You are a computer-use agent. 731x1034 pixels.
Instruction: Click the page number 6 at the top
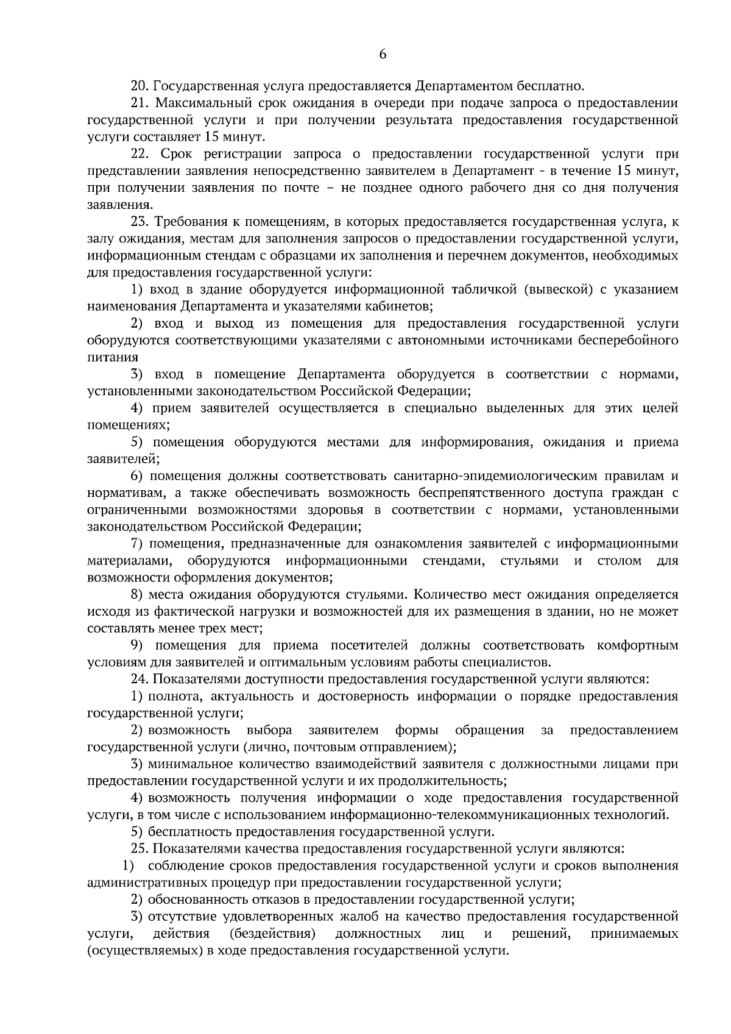point(383,54)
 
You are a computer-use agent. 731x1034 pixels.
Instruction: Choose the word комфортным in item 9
point(638,645)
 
